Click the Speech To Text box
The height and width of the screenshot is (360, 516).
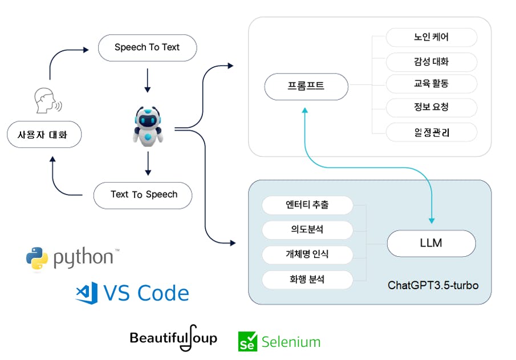148,48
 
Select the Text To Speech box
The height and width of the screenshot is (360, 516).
143,195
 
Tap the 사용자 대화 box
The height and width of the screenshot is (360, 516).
44,135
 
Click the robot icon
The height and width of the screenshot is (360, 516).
148,126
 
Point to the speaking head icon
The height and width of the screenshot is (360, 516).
48,100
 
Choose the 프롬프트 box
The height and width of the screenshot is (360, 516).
306,87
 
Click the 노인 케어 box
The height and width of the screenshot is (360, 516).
432,37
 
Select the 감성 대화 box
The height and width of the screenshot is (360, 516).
432,62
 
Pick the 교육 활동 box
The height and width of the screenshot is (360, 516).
432,84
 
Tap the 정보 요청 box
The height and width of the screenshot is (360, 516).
432,107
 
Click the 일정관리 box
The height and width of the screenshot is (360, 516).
432,132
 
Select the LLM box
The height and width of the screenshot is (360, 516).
432,244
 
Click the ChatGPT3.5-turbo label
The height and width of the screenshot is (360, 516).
433,285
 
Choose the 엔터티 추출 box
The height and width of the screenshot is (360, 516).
307,205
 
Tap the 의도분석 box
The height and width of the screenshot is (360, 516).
307,230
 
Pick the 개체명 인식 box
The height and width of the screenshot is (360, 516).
307,254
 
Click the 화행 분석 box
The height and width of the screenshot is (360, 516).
307,280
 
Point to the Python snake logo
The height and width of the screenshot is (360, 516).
37,258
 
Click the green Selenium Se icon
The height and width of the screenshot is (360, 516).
247,342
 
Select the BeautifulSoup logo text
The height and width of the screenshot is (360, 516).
173,338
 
